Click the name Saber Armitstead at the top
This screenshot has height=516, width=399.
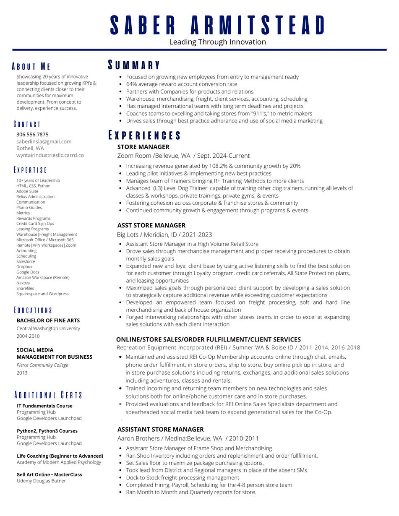coord(217,25)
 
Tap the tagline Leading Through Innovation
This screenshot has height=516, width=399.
coord(217,42)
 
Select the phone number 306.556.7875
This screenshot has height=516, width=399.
coord(32,135)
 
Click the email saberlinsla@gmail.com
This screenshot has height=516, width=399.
coord(44,141)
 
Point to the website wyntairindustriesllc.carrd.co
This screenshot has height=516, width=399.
coord(50,155)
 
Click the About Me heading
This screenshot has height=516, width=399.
coord(31,66)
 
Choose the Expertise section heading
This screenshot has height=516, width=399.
coord(30,170)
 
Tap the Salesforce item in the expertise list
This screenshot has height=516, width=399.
coord(26,261)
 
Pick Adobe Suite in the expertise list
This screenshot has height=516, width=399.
coord(27,191)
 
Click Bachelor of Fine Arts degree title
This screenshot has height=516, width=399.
coord(48,321)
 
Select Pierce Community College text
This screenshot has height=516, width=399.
coord(42,365)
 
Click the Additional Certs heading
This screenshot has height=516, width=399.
coord(48,395)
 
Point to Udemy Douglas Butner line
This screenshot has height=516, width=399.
coord(41,481)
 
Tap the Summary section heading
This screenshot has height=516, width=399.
coord(134,65)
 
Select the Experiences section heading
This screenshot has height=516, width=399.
coord(145,135)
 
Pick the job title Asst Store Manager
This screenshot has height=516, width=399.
coord(151,225)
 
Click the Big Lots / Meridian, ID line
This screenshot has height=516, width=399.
coord(164,235)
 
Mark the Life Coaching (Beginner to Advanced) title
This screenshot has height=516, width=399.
coord(60,456)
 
